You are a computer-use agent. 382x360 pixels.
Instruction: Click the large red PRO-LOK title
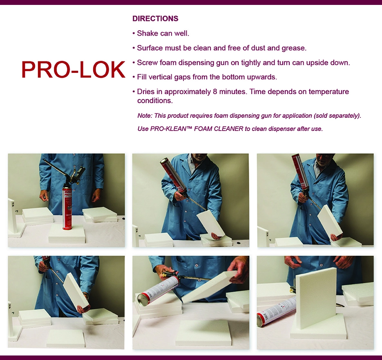73,70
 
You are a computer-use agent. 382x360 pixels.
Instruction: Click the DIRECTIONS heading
155,19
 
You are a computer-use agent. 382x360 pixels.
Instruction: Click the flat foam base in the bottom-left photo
66,338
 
